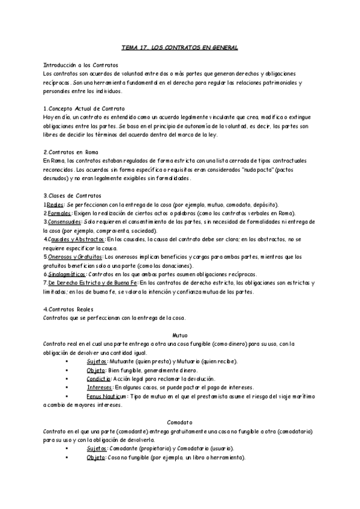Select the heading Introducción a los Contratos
coord(82,64)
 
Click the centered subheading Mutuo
coord(179,334)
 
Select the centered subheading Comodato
coord(179,423)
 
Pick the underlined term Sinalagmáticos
coord(66,274)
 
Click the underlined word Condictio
coord(99,379)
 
